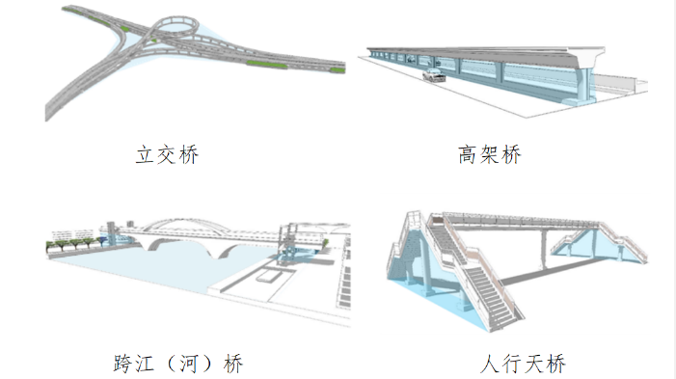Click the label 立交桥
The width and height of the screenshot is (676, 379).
[167, 154]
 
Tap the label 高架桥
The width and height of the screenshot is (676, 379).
[489, 154]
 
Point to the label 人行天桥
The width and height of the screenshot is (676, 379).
[523, 364]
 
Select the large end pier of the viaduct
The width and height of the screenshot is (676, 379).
[586, 77]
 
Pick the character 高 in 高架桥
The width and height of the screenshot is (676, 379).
[468, 154]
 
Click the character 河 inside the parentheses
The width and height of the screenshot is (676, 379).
[188, 364]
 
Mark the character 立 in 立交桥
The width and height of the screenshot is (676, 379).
[146, 154]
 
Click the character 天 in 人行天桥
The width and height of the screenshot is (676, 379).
[533, 364]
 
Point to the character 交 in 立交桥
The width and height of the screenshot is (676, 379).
[167, 154]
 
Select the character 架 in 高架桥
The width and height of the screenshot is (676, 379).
[489, 154]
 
